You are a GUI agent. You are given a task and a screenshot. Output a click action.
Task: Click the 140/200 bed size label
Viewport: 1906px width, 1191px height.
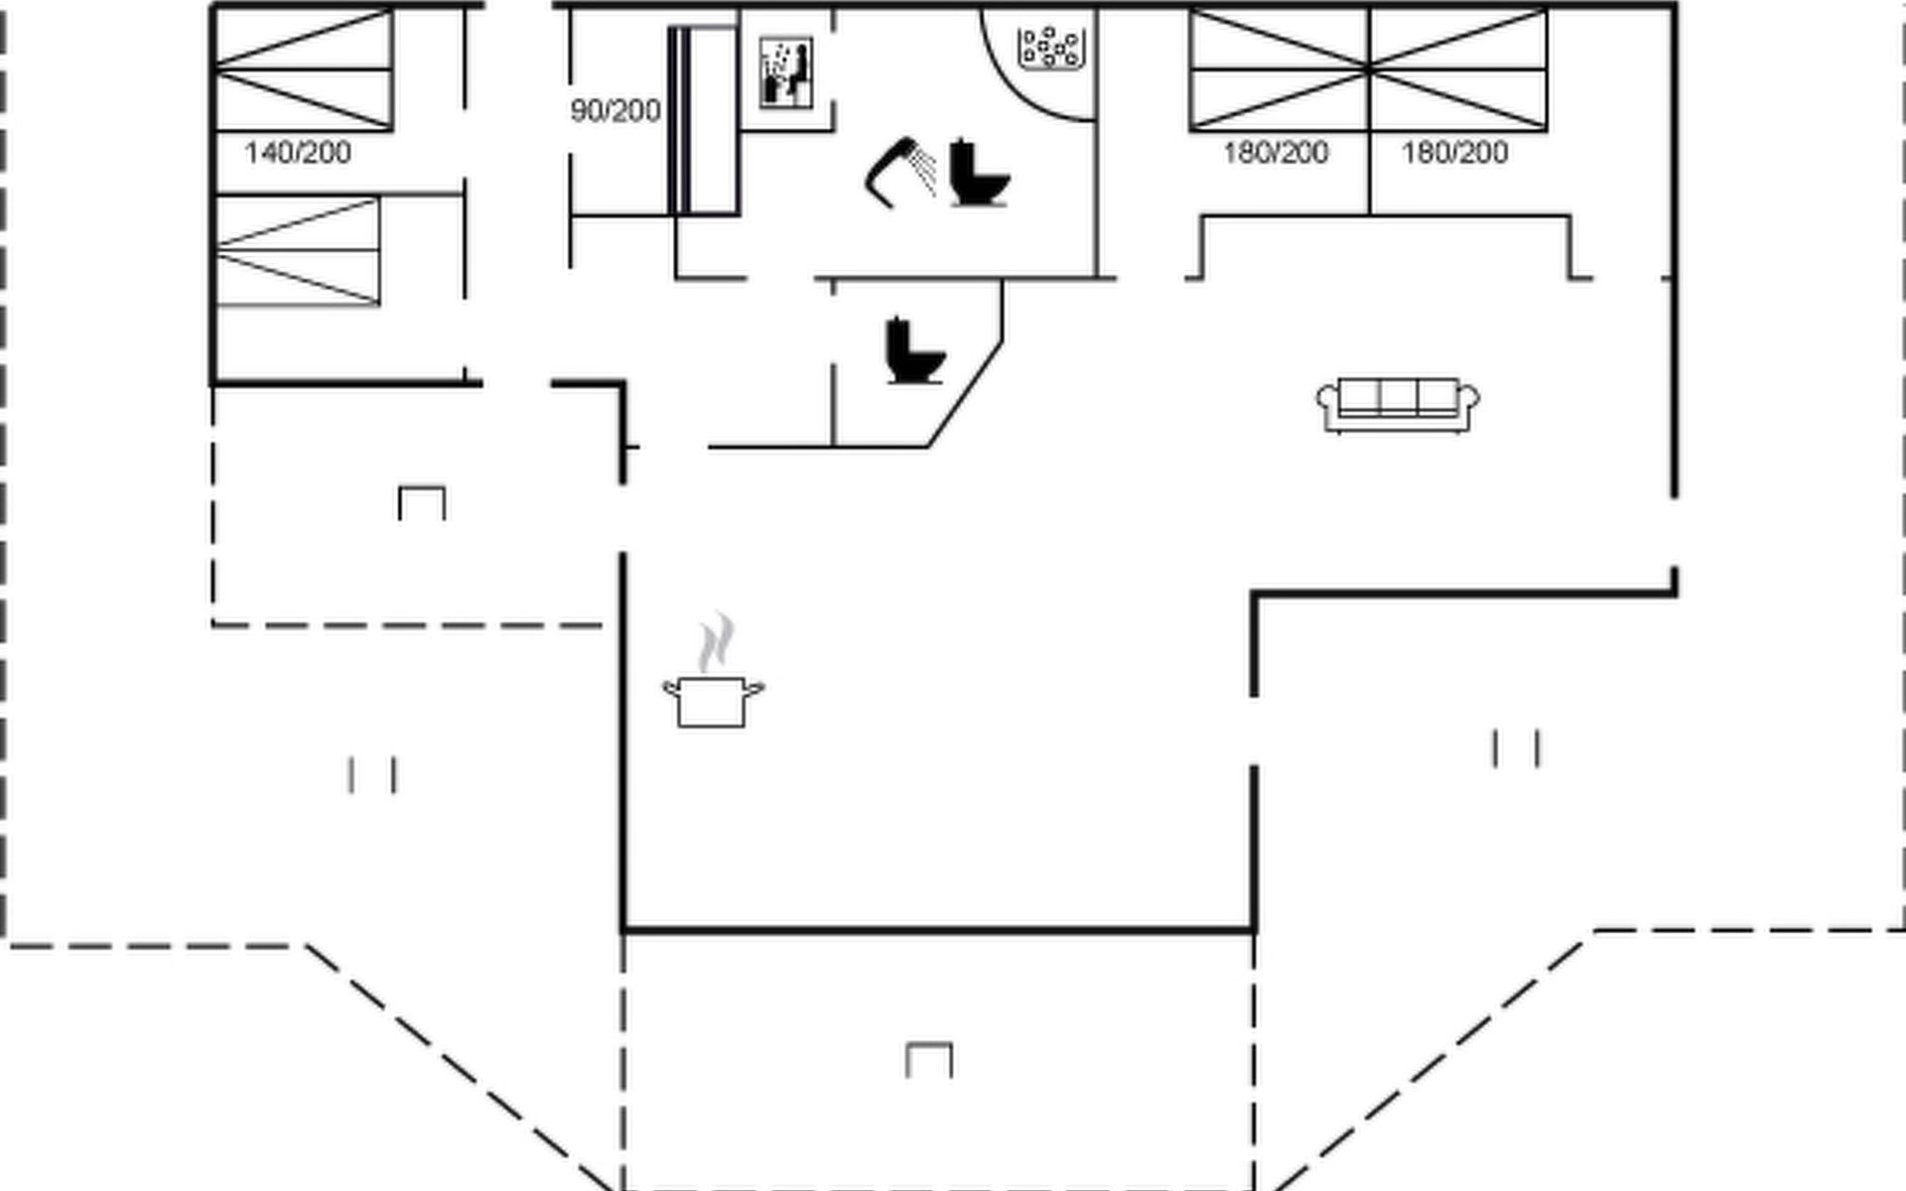pyautogui.click(x=298, y=153)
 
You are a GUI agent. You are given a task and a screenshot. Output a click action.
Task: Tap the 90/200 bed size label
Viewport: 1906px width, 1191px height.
pyautogui.click(x=615, y=111)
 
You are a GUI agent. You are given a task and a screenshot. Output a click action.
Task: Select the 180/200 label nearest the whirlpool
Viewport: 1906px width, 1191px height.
pyautogui.click(x=1276, y=153)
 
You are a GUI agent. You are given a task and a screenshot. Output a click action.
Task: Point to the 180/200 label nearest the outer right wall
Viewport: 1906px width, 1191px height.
pyautogui.click(x=1454, y=153)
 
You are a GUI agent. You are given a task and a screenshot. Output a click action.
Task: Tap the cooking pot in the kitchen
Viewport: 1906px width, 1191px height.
pyautogui.click(x=713, y=701)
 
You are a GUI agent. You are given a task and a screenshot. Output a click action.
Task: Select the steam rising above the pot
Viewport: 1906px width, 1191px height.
pyautogui.click(x=716, y=642)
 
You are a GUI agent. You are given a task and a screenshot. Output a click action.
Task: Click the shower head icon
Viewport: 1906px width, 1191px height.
pyautogui.click(x=899, y=173)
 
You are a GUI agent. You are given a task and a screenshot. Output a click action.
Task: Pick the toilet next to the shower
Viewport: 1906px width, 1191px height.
pyautogui.click(x=979, y=174)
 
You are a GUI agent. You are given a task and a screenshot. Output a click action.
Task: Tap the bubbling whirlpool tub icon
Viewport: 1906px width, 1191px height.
pyautogui.click(x=1049, y=48)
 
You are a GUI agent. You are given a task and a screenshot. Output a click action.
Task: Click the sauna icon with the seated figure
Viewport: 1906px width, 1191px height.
pyautogui.click(x=786, y=72)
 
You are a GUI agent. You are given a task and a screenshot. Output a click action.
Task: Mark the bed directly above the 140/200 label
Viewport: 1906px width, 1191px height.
pyautogui.click(x=304, y=69)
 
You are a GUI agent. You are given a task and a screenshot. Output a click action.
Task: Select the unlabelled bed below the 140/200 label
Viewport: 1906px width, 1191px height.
pyautogui.click(x=298, y=251)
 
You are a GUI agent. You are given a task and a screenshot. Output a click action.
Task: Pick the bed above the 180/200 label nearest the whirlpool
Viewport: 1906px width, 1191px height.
pyautogui.click(x=1280, y=69)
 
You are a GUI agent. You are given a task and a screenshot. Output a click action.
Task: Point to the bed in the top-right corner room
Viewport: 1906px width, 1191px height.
pyautogui.click(x=1458, y=69)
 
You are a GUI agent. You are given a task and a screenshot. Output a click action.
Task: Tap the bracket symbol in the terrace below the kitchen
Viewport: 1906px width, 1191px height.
pyautogui.click(x=929, y=1060)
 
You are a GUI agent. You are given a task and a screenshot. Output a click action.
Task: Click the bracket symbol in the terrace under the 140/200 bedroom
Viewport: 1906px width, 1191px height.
pyautogui.click(x=422, y=503)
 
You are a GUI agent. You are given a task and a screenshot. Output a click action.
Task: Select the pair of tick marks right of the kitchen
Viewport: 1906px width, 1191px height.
pyautogui.click(x=1516, y=748)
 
